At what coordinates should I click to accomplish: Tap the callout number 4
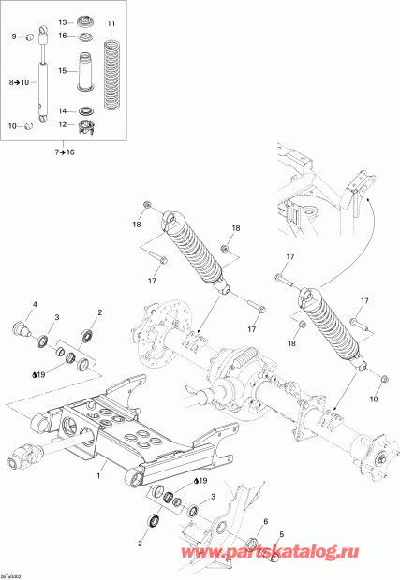click(36, 305)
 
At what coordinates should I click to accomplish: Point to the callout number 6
click(265, 521)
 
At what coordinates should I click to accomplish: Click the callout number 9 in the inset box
click(15, 36)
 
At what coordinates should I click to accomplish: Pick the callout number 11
click(111, 22)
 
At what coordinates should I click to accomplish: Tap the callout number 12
click(63, 124)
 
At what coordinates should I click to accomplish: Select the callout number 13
click(63, 21)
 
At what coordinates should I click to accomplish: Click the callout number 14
click(63, 109)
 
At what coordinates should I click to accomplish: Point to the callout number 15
click(63, 70)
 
